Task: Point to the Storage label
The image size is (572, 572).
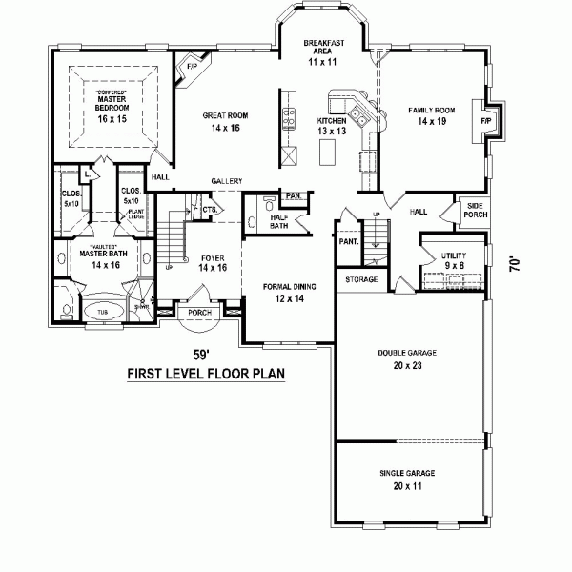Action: tap(361, 279)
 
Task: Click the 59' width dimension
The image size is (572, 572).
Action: tap(199, 348)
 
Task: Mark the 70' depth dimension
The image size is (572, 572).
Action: tap(516, 264)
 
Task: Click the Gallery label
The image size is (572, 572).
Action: tap(227, 181)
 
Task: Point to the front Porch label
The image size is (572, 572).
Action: tap(199, 312)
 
